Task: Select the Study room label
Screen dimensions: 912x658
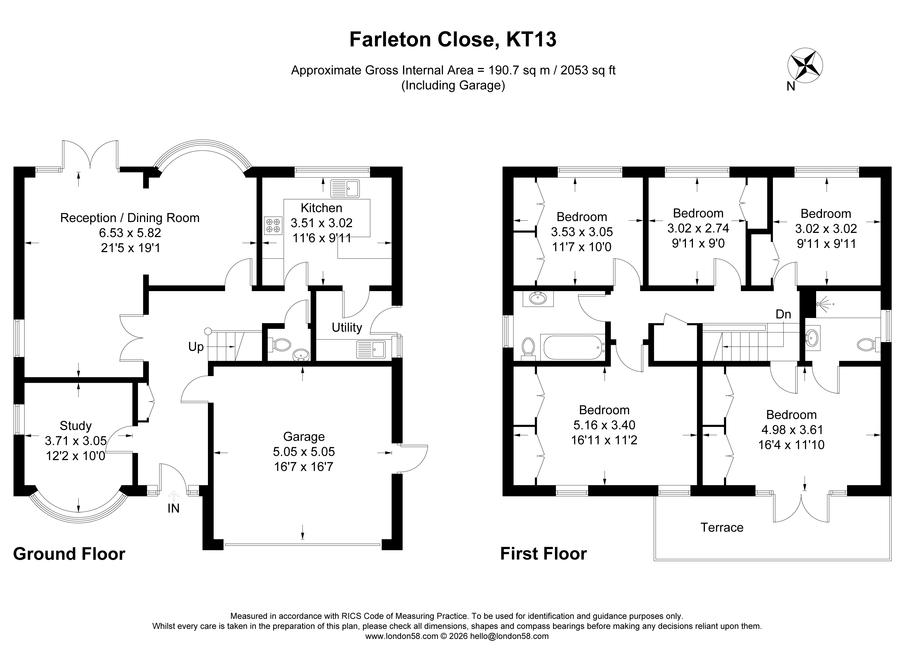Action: tap(76, 426)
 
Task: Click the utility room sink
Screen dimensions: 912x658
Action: tap(371, 349)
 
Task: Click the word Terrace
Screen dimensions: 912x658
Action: tap(722, 527)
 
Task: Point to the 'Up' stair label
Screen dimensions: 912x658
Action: tap(196, 347)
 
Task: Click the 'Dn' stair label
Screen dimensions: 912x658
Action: tap(783, 314)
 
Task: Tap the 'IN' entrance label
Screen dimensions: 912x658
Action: tap(173, 508)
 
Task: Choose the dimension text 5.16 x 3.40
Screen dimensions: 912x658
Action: tap(604, 425)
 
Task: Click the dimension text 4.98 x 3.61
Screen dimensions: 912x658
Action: tap(791, 430)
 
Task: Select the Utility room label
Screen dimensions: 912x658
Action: tap(347, 328)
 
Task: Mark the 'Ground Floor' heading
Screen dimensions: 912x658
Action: tap(69, 554)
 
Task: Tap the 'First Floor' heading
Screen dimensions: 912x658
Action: tap(543, 554)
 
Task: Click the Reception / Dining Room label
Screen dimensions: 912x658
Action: tap(130, 218)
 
